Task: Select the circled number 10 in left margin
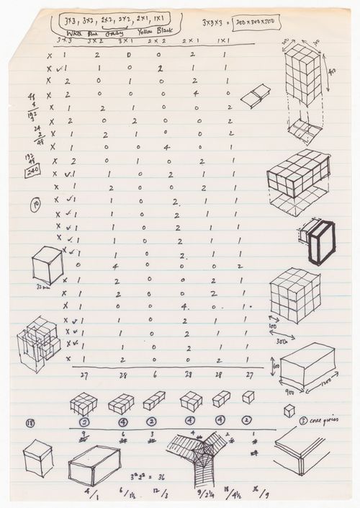coord(36,204)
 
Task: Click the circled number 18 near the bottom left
coord(30,423)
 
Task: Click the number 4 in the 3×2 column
coord(115,267)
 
